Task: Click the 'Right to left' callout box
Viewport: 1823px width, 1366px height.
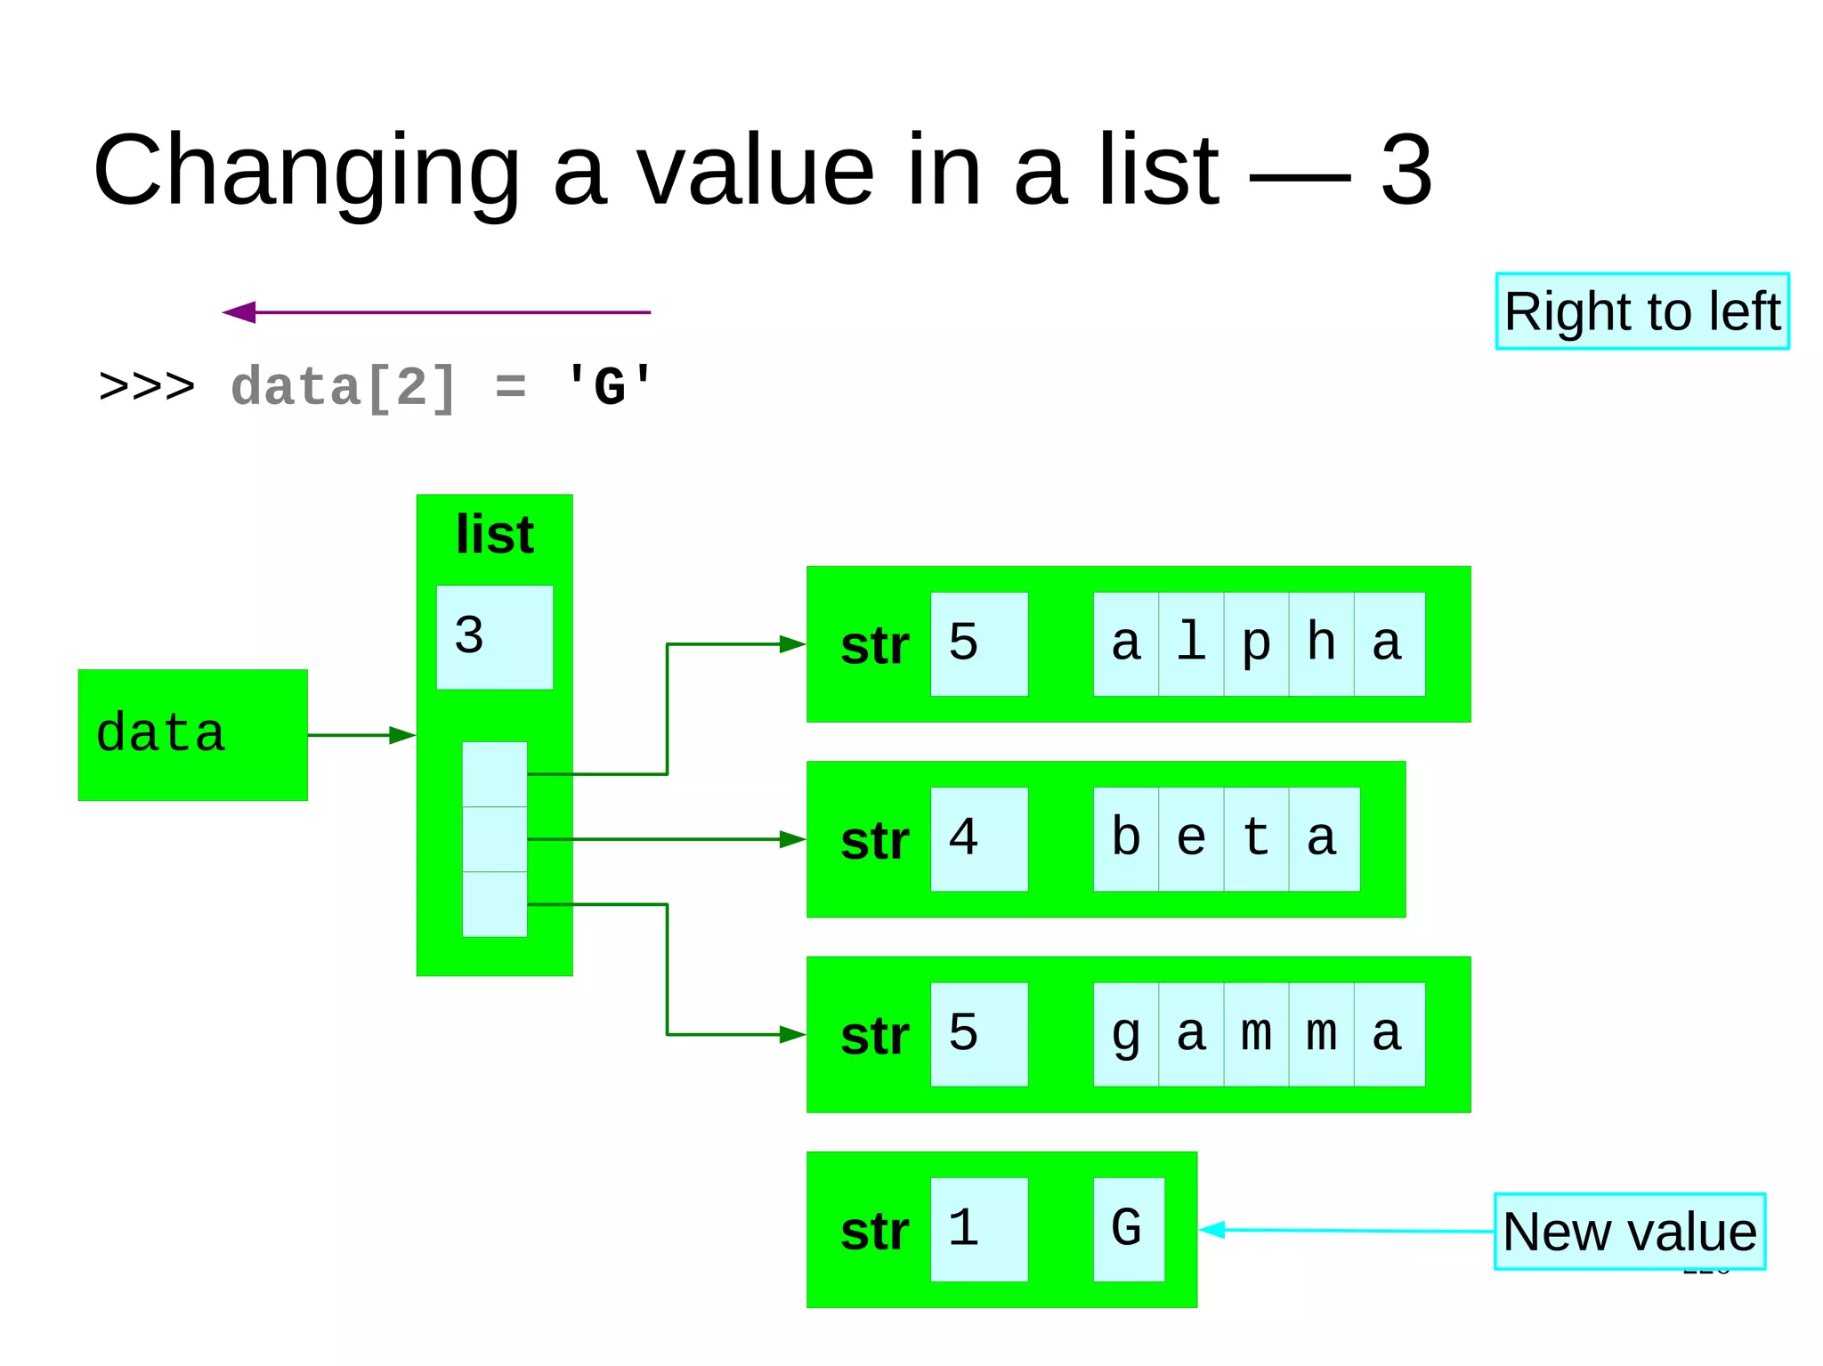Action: pyautogui.click(x=1641, y=311)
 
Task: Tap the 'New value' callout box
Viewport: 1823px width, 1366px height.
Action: pyautogui.click(x=1629, y=1232)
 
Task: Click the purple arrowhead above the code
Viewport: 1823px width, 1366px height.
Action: pyautogui.click(x=239, y=312)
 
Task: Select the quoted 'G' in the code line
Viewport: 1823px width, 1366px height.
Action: pyautogui.click(x=609, y=387)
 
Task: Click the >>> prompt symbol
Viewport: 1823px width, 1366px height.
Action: pyautogui.click(x=147, y=387)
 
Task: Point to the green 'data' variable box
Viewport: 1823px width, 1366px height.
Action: pyautogui.click(x=192, y=735)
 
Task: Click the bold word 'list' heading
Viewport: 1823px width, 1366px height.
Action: pyautogui.click(x=494, y=534)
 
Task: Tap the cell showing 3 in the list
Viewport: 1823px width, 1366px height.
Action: pyautogui.click(x=494, y=637)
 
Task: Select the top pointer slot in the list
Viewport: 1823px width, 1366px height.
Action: pyautogui.click(x=494, y=774)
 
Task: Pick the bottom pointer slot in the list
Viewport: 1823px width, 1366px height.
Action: pyautogui.click(x=494, y=904)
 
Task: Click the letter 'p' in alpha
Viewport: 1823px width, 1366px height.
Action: pyautogui.click(x=1256, y=644)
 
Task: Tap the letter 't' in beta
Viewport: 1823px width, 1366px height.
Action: pyautogui.click(x=1256, y=839)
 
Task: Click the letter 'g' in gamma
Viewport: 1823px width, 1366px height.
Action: pyautogui.click(x=1126, y=1034)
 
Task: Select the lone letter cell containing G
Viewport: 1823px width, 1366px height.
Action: pyautogui.click(x=1128, y=1230)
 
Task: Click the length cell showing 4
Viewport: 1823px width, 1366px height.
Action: pyautogui.click(x=978, y=839)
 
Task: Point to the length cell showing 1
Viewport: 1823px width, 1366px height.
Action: pyautogui.click(x=978, y=1230)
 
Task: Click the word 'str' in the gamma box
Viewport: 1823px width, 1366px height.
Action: pyautogui.click(x=874, y=1036)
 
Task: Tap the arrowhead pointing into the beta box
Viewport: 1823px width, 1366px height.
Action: pyautogui.click(x=792, y=839)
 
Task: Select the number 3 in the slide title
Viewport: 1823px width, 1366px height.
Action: pyautogui.click(x=1406, y=169)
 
